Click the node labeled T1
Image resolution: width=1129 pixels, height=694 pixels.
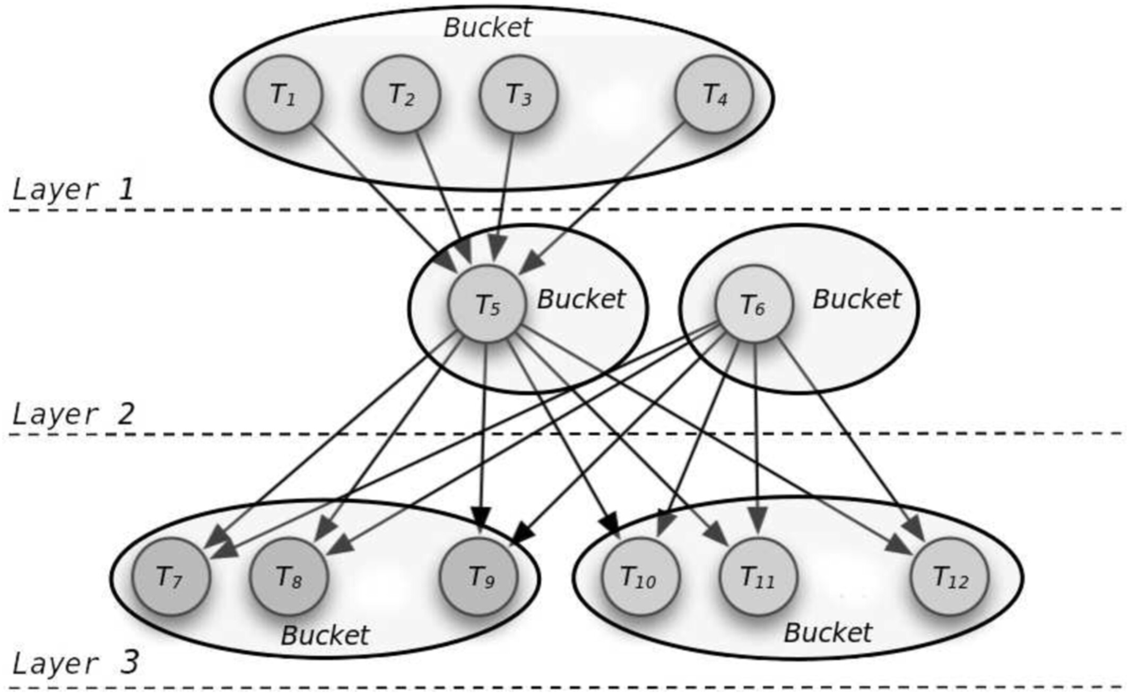click(x=283, y=94)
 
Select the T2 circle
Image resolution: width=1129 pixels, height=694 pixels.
click(x=401, y=94)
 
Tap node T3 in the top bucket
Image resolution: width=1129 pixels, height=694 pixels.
click(x=518, y=94)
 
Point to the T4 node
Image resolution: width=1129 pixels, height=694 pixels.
click(x=714, y=94)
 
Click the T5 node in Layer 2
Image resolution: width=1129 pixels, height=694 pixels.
click(x=487, y=305)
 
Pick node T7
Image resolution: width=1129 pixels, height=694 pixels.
click(x=170, y=576)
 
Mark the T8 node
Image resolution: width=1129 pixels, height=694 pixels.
click(x=289, y=576)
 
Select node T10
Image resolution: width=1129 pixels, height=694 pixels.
click(x=639, y=576)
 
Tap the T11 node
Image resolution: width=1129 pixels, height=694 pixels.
click(x=758, y=576)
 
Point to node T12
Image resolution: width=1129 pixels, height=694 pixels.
click(x=950, y=576)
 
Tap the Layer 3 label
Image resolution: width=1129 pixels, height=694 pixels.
click(x=75, y=663)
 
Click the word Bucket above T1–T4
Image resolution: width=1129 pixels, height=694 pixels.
click(x=487, y=28)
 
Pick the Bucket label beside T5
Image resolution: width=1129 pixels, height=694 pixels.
click(x=581, y=299)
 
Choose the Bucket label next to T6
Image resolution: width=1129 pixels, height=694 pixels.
click(x=856, y=299)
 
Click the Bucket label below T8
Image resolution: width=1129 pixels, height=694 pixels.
click(x=325, y=635)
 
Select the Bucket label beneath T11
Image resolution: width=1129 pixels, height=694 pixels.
click(x=828, y=632)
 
